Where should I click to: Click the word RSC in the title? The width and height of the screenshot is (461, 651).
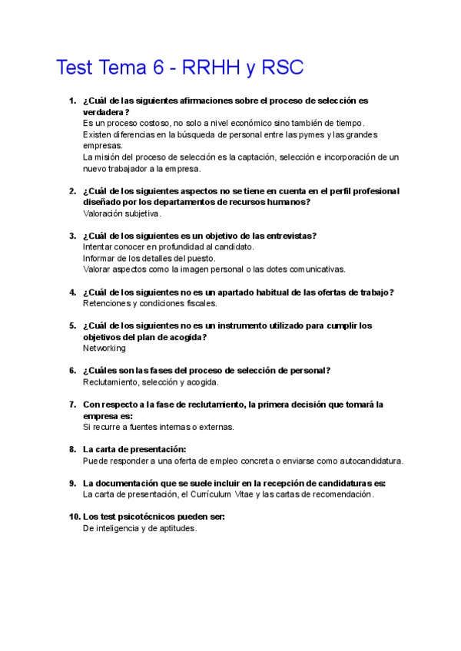[x=284, y=68]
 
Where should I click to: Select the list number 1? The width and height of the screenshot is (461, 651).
[x=71, y=101]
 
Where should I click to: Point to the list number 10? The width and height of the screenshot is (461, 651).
[x=74, y=517]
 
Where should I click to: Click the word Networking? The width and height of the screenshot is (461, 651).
[x=104, y=348]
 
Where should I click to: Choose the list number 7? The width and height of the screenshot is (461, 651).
[x=71, y=404]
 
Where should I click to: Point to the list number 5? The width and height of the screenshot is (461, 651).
[x=71, y=325]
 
